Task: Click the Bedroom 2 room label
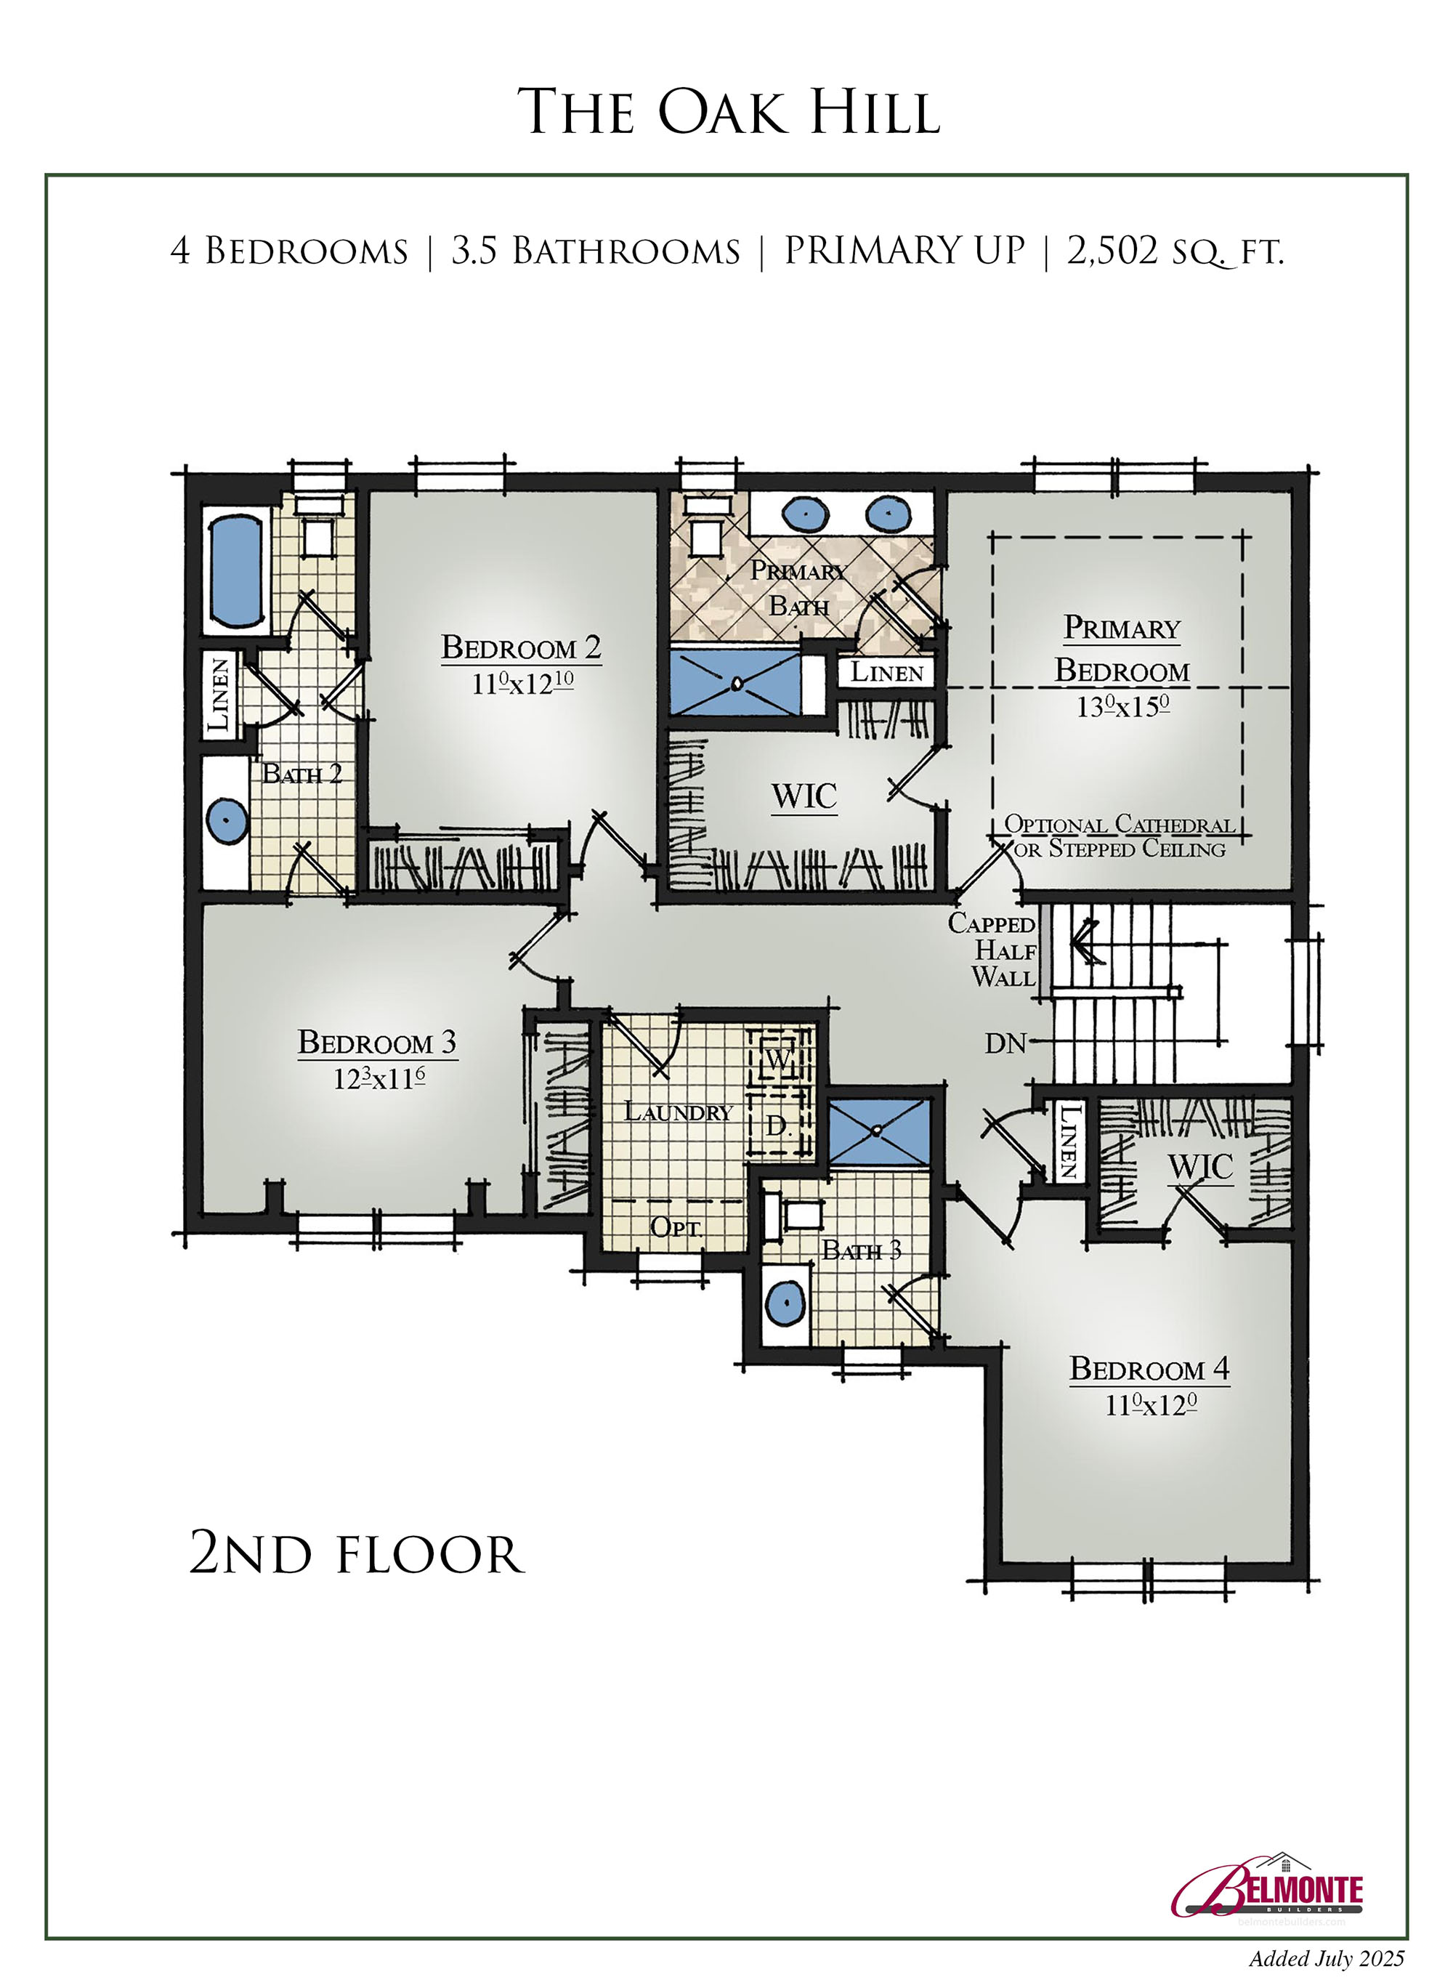[522, 647]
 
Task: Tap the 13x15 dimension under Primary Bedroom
[1123, 706]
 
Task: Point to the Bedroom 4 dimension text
[1151, 1404]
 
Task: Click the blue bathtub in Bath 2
[237, 571]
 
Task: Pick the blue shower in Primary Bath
[735, 682]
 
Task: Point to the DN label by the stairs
[1006, 1043]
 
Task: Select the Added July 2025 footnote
[1327, 1957]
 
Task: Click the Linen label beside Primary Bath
[886, 673]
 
